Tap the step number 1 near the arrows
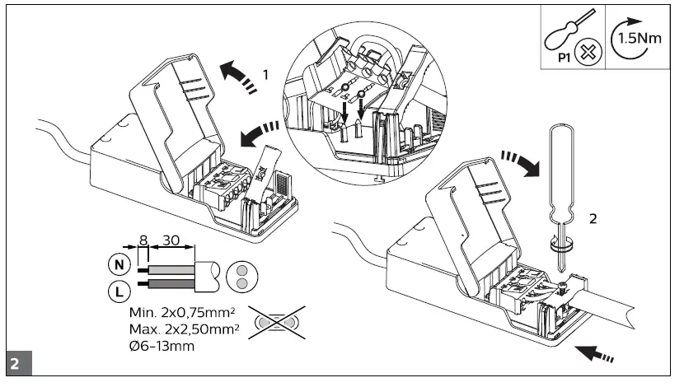click(x=265, y=73)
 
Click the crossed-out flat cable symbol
click(x=278, y=322)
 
